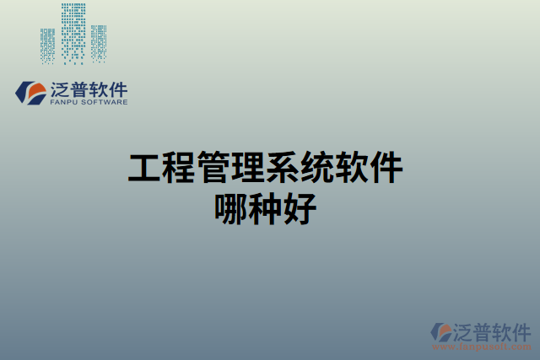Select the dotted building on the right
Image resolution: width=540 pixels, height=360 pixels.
99,42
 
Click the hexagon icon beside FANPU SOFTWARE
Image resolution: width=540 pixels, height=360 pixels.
30,93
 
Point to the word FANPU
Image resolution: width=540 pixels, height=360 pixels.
65,102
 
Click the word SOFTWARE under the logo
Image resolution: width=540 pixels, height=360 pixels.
105,102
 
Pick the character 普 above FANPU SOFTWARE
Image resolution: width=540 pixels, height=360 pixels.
82,89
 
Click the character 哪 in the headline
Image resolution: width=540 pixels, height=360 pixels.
232,208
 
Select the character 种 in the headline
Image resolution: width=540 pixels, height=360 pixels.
267,208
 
